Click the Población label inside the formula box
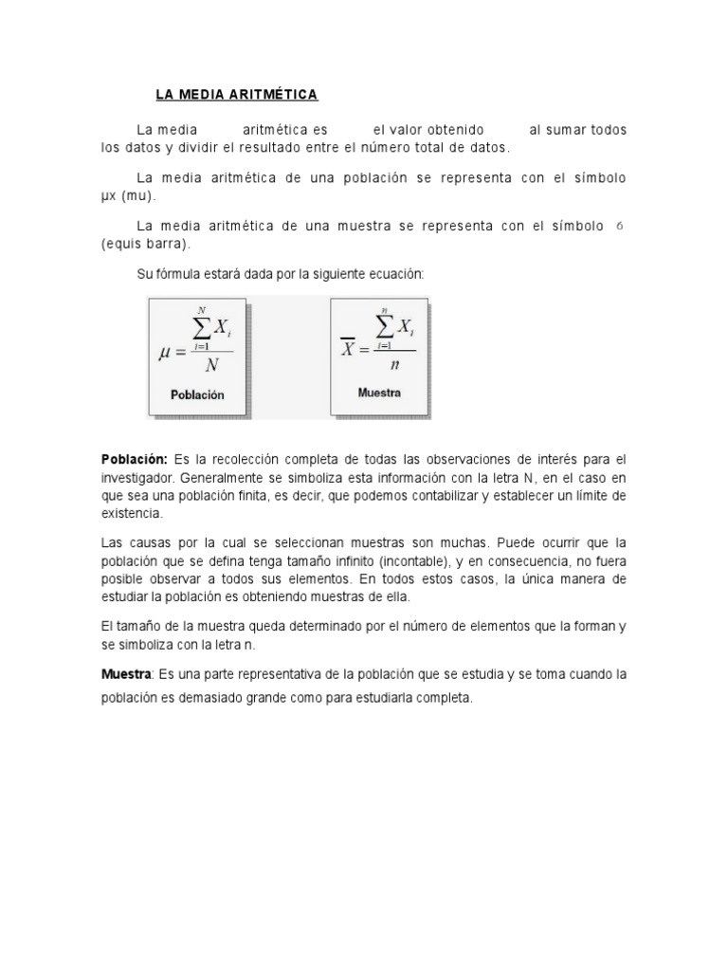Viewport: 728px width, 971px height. [197, 395]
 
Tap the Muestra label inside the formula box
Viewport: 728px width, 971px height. [379, 392]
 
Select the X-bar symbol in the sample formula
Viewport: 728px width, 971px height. [348, 347]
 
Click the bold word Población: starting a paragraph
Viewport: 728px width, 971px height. [135, 459]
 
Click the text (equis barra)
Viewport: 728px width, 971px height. [146, 244]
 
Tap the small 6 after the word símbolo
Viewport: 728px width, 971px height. [619, 227]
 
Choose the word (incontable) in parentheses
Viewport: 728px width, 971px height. [366, 560]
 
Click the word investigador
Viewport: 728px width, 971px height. [136, 477]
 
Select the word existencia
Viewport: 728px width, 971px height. [132, 513]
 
